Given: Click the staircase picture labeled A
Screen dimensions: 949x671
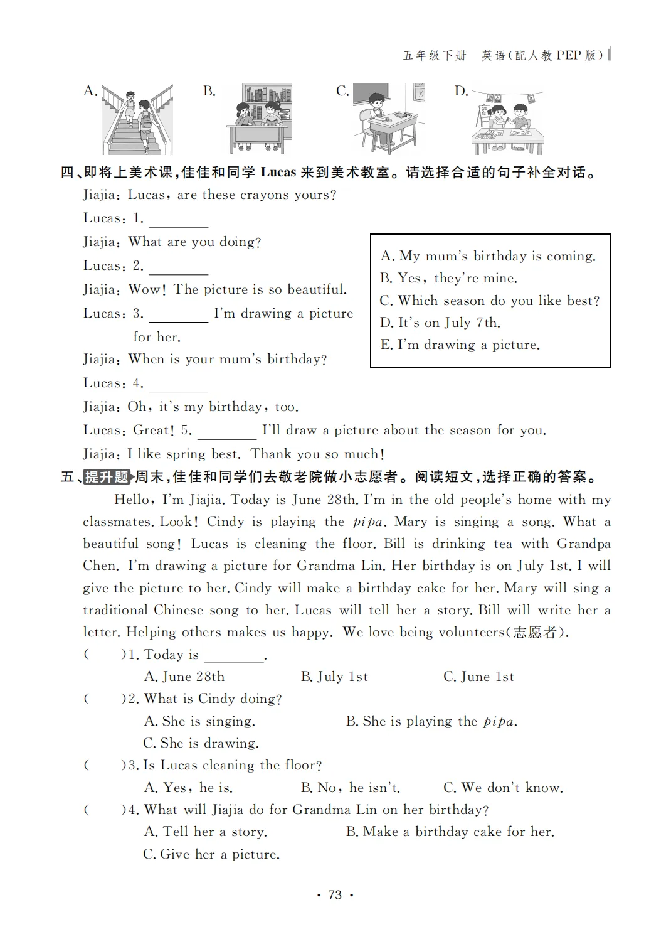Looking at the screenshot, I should tap(137, 119).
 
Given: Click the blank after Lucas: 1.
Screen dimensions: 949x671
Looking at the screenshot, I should tap(179, 220).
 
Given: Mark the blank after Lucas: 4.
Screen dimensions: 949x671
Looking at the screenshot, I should tap(179, 385).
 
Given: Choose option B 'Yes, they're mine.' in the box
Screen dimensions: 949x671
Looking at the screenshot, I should tap(448, 278).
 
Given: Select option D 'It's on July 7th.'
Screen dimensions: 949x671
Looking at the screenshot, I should tap(440, 323).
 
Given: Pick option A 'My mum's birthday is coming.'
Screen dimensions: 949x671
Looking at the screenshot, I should tap(488, 256).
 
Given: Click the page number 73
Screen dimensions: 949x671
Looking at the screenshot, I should tap(335, 895).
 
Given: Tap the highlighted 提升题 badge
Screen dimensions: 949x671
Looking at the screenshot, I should tap(107, 477).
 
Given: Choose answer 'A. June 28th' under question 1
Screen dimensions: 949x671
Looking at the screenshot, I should tap(184, 677).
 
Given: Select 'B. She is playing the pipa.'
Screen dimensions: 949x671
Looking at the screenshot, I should tap(431, 721).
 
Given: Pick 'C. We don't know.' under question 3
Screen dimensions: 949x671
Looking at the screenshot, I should tap(503, 788).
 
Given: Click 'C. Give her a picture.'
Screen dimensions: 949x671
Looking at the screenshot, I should tap(211, 854).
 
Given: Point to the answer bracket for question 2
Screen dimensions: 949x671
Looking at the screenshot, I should tap(104, 699).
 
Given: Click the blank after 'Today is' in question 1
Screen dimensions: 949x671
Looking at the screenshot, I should tap(234, 656).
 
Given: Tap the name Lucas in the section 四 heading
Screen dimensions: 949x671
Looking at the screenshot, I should tap(278, 172).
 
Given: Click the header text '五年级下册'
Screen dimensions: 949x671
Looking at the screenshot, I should tap(435, 56).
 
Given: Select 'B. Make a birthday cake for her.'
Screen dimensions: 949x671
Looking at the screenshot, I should tap(450, 832).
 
